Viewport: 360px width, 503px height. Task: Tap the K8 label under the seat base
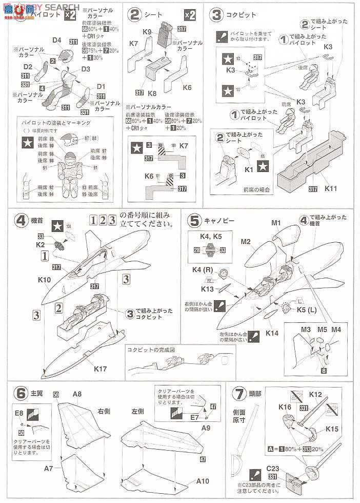152,94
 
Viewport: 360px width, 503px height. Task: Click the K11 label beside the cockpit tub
331,188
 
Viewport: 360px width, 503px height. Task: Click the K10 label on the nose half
44,281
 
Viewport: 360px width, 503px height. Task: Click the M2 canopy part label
245,242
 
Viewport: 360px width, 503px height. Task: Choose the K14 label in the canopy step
272,333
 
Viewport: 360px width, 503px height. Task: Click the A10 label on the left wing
202,481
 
